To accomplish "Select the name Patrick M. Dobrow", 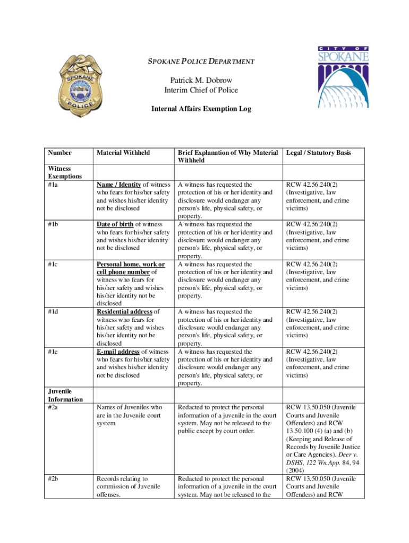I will click(201, 81).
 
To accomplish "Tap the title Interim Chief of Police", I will click(201, 90).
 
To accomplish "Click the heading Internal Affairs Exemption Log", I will click(201, 109).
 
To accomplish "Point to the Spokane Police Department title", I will click(201, 62).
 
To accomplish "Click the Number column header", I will click(60, 153).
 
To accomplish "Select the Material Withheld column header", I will click(123, 153).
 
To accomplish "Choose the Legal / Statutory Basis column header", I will click(318, 153).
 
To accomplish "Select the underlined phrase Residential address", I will click(124, 312).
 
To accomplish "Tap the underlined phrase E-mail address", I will click(118, 352).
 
